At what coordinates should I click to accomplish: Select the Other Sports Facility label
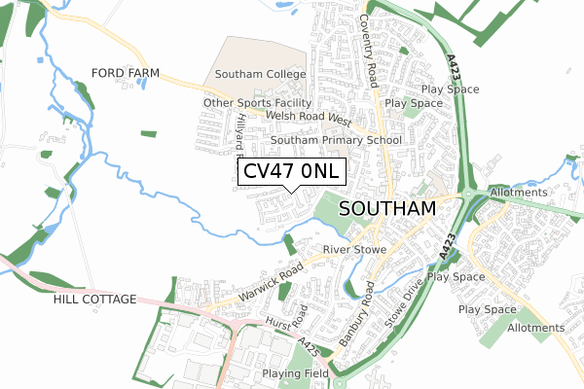[x=257, y=103]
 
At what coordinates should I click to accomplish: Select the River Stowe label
[x=354, y=250]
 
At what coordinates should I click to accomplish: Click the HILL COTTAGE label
[x=95, y=300]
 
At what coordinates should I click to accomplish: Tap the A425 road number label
[x=309, y=346]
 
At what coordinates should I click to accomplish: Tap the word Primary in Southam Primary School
[x=337, y=140]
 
